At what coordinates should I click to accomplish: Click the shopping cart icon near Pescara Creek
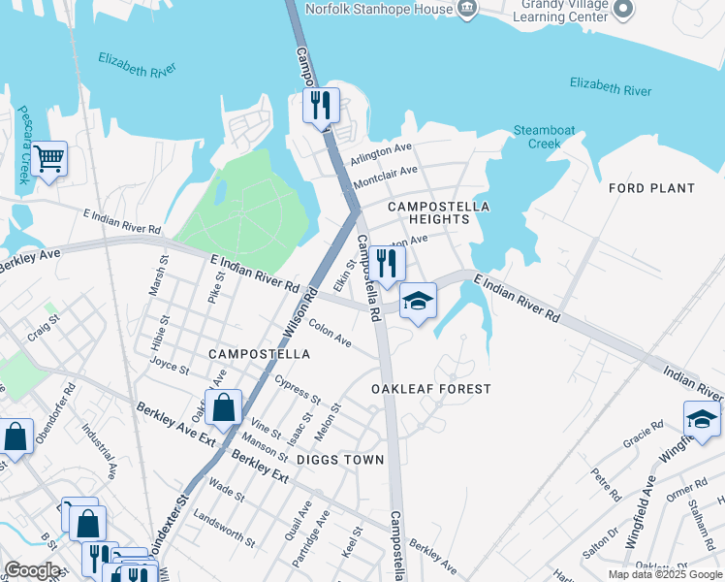click(48, 157)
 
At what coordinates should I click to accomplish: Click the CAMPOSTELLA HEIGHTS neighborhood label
click(438, 213)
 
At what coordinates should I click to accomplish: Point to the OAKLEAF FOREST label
click(431, 389)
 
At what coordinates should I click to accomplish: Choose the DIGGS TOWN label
click(340, 460)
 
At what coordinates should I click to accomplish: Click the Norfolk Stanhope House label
click(379, 9)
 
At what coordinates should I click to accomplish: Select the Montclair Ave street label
click(386, 176)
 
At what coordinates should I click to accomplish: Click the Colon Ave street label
click(330, 334)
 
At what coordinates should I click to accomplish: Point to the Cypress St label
click(298, 390)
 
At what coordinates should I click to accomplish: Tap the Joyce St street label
click(170, 366)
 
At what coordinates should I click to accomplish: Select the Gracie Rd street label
click(644, 432)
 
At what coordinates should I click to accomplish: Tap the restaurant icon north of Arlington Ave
click(322, 104)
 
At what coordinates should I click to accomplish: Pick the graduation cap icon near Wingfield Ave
click(702, 419)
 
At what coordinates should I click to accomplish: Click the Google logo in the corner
click(32, 570)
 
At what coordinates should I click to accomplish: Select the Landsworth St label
click(224, 525)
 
